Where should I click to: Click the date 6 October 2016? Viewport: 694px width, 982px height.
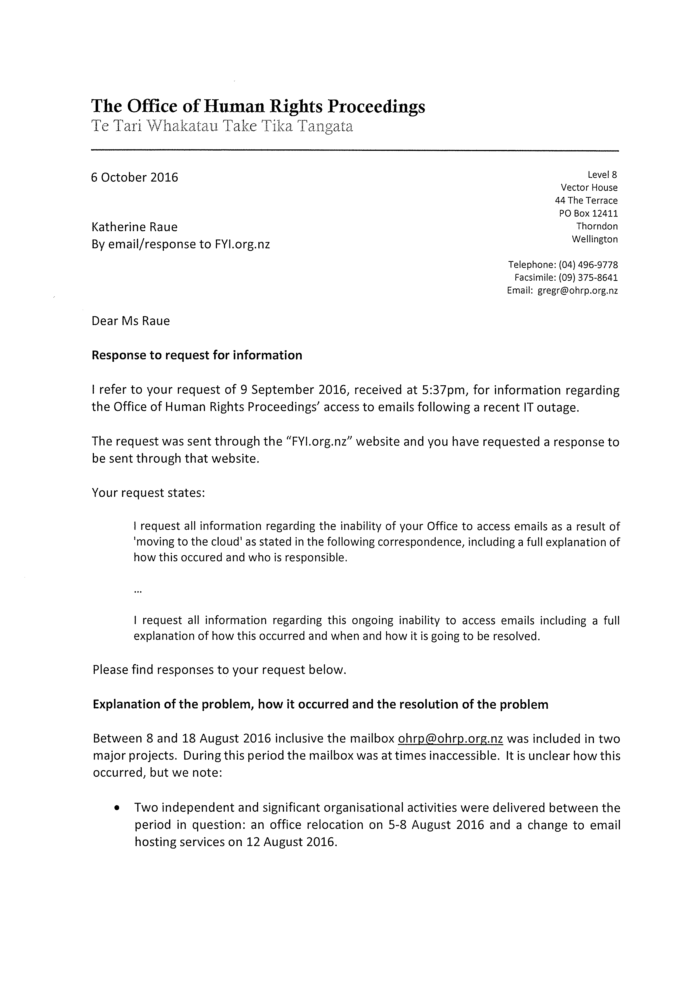pyautogui.click(x=134, y=177)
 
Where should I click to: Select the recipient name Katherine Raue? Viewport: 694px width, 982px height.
pyautogui.click(x=134, y=227)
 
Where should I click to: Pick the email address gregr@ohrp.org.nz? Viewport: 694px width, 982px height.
pyautogui.click(x=577, y=291)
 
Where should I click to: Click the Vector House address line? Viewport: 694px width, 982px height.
pyautogui.click(x=589, y=188)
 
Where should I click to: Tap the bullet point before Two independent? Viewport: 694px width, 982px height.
pyautogui.click(x=116, y=808)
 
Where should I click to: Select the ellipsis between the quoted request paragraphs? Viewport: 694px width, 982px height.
pyautogui.click(x=138, y=591)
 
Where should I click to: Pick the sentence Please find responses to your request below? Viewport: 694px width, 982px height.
pyautogui.click(x=219, y=670)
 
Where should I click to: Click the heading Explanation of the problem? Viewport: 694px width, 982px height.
pyautogui.click(x=320, y=704)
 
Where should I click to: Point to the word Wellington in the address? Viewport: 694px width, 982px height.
pyautogui.click(x=595, y=239)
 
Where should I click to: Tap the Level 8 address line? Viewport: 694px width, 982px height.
pyautogui.click(x=603, y=175)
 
